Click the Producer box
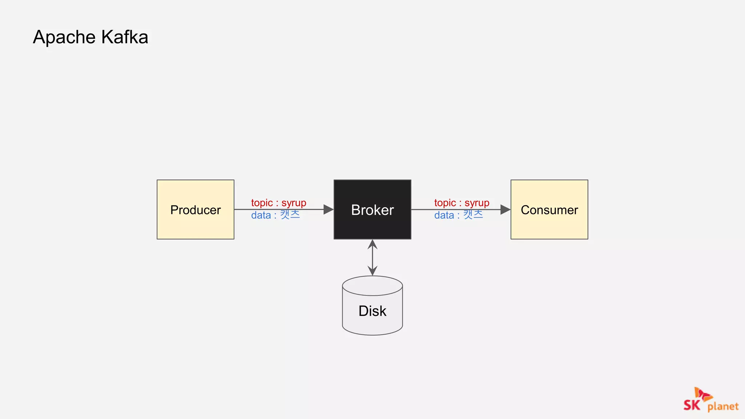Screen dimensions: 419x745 click(195, 209)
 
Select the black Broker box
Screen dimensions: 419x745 click(372, 209)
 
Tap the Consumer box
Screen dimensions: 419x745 click(549, 209)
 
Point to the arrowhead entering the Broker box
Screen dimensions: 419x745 click(328, 209)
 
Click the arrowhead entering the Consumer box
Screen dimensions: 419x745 click(505, 209)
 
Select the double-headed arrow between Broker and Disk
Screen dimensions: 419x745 click(372, 258)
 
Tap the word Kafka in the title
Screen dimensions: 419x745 click(124, 37)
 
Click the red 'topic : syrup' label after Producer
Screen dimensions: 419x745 click(279, 203)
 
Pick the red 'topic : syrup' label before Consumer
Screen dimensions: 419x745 click(462, 203)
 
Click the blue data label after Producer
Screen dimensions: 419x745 click(275, 215)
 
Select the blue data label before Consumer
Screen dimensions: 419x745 click(458, 215)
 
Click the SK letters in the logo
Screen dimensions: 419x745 click(692, 405)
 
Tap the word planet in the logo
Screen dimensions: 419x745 click(723, 406)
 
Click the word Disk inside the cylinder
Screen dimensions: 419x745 click(372, 311)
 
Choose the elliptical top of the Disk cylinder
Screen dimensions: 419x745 click(372, 286)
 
